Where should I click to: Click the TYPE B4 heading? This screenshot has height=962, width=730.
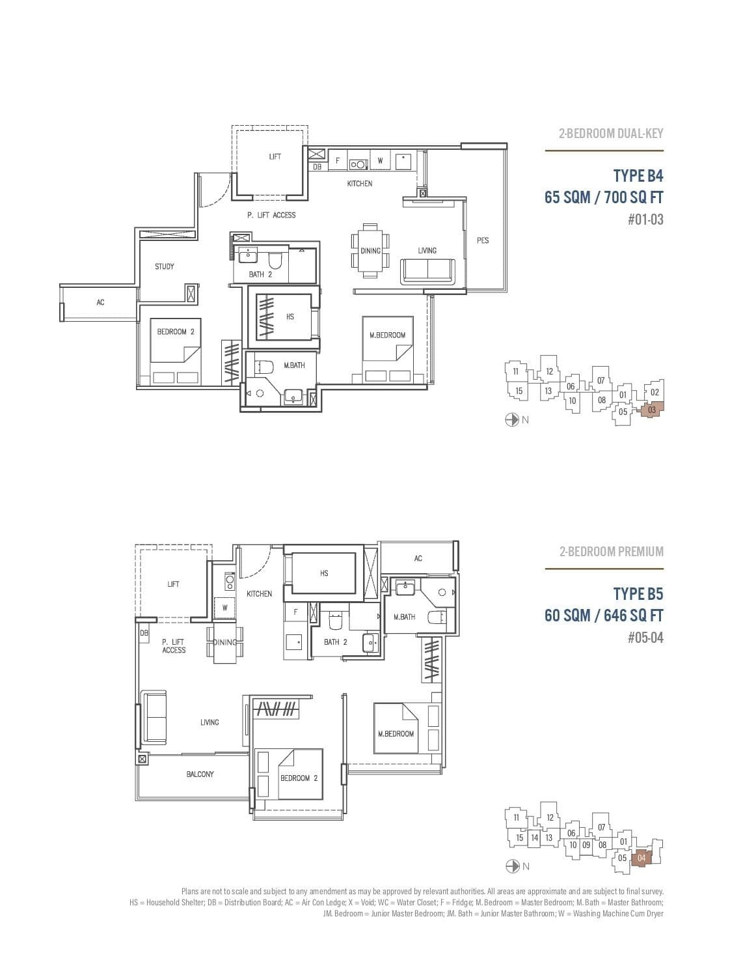638,176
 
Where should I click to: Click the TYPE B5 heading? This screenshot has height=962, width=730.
638,594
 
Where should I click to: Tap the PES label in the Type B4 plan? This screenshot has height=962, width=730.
482,240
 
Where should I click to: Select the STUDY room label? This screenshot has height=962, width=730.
165,266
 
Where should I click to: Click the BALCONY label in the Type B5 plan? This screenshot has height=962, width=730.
200,774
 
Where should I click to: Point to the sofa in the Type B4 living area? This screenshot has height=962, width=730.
427,270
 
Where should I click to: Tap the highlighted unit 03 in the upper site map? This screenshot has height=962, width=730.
652,410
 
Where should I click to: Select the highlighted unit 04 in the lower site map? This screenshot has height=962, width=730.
642,858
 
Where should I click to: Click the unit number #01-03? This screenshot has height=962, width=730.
645,219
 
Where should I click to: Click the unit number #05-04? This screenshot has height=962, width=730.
645,638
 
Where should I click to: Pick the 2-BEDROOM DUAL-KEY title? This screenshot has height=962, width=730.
611,134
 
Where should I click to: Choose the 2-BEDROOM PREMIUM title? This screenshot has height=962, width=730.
611,552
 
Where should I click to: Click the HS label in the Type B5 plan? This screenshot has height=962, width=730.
324,573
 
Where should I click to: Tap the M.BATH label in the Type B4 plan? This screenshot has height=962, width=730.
294,365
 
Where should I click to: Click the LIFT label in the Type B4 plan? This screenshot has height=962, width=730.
275,157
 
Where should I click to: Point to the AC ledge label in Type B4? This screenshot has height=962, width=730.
100,302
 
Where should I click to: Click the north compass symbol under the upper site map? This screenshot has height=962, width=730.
512,420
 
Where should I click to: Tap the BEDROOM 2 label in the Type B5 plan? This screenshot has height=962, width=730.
299,778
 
